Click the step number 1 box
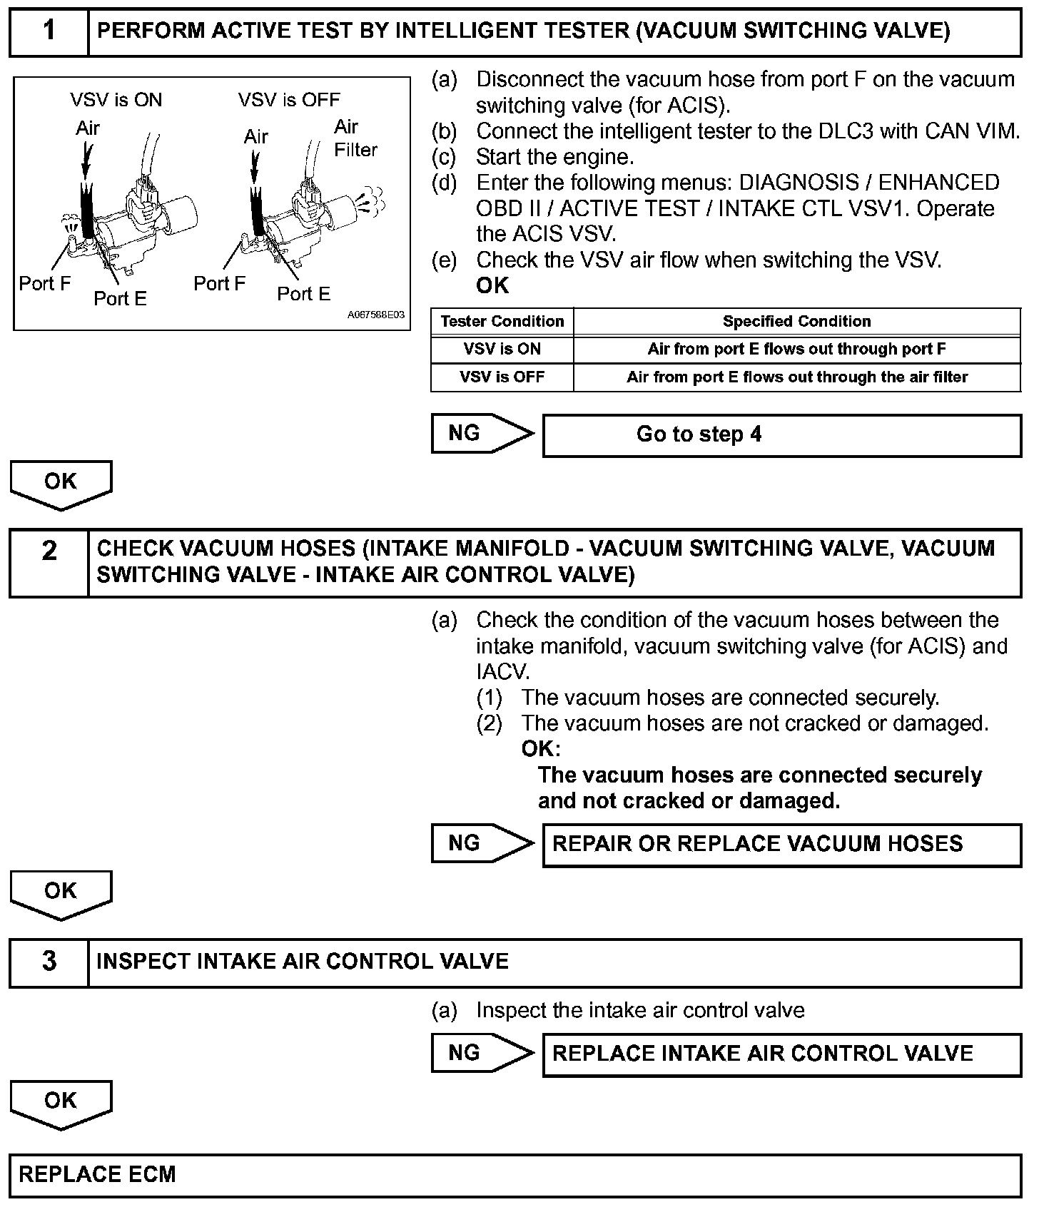click(49, 32)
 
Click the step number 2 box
click(49, 563)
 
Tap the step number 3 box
click(49, 962)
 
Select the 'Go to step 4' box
click(781, 435)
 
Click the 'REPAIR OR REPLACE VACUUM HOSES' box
click(781, 845)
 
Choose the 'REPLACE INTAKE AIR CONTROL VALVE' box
click(781, 1054)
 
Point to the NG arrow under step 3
click(482, 1053)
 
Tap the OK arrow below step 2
click(61, 893)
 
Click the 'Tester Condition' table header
click(502, 321)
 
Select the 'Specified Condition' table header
click(796, 321)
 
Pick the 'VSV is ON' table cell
click(502, 349)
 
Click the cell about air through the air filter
click(796, 377)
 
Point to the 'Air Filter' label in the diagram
click(355, 138)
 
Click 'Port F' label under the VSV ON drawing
click(45, 283)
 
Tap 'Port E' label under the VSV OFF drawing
click(303, 294)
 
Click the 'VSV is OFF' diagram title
click(289, 100)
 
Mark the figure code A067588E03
click(376, 315)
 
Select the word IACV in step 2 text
click(502, 672)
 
